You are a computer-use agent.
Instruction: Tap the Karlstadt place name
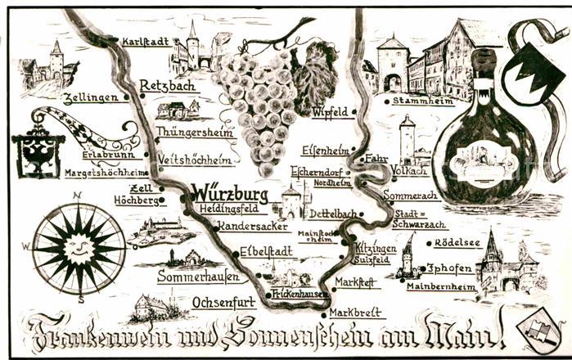tap(145, 41)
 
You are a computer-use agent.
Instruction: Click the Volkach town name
tap(408, 172)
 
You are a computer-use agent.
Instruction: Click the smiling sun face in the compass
tap(78, 245)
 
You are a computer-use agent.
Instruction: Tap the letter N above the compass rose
tap(77, 196)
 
